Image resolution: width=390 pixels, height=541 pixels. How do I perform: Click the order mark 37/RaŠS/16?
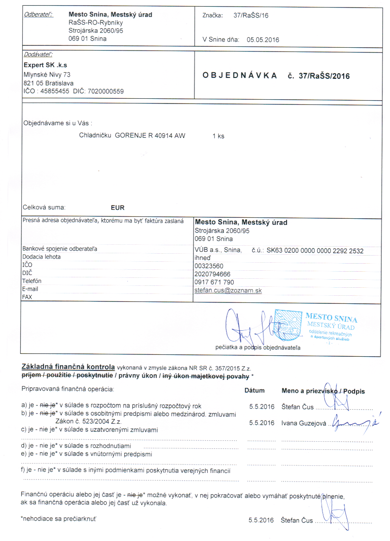pos(251,15)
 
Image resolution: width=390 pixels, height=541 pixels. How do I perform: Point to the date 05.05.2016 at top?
pos(263,40)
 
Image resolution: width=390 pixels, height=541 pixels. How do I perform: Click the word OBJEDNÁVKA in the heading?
pos(240,76)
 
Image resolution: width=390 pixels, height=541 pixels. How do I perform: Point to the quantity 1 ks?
pos(218,136)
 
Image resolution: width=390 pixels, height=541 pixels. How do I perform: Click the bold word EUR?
pos(117,207)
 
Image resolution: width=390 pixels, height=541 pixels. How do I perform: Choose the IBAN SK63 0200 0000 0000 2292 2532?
pos(315,251)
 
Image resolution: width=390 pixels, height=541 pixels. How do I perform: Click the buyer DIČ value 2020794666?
pos(212,274)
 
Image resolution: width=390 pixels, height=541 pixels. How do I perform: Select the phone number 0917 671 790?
pos(214,282)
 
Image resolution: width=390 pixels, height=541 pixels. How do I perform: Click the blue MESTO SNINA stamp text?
pos(331,318)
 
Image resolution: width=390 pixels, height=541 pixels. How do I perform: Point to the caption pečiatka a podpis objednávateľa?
pos(257,348)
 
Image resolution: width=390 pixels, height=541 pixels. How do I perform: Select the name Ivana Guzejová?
pos(304,423)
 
